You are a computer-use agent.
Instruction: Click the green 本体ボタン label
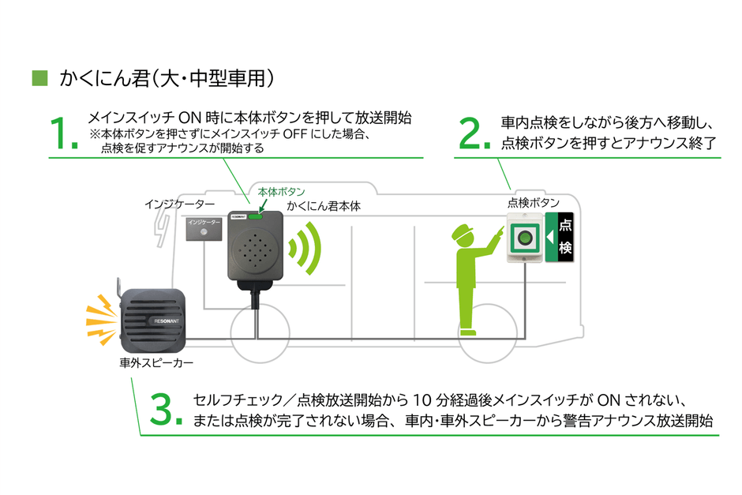281,192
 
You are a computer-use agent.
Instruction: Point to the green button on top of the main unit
258,212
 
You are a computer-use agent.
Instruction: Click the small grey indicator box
204,228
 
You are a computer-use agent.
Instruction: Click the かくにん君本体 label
323,205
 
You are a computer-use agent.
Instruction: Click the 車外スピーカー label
152,364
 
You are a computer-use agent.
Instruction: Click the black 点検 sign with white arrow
563,236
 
